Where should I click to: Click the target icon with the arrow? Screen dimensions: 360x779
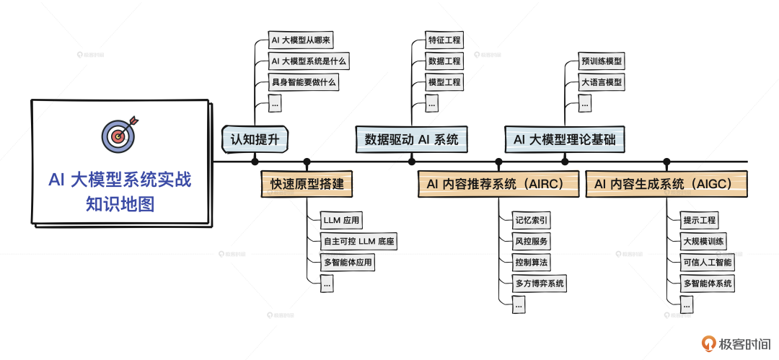tap(118, 133)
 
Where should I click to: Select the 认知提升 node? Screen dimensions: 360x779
tap(255, 139)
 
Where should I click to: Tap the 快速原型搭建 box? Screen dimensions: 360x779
tap(307, 185)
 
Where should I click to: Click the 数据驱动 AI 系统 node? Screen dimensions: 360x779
tap(412, 139)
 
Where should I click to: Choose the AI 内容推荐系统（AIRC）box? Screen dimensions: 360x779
tap(498, 185)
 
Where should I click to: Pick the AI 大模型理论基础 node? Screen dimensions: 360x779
tap(564, 139)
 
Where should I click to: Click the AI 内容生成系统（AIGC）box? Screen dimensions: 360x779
tap(666, 185)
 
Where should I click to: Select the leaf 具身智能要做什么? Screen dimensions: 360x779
tap(304, 82)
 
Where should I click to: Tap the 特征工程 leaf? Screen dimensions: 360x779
tap(444, 40)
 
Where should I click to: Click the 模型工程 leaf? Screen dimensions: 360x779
tap(444, 82)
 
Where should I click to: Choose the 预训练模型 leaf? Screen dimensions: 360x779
tap(602, 61)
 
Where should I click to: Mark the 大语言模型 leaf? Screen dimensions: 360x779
tap(602, 82)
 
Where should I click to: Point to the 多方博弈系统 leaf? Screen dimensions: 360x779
tap(540, 283)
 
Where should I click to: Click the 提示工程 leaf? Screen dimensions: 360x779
tap(700, 220)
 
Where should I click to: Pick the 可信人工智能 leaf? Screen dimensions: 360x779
tap(708, 262)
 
